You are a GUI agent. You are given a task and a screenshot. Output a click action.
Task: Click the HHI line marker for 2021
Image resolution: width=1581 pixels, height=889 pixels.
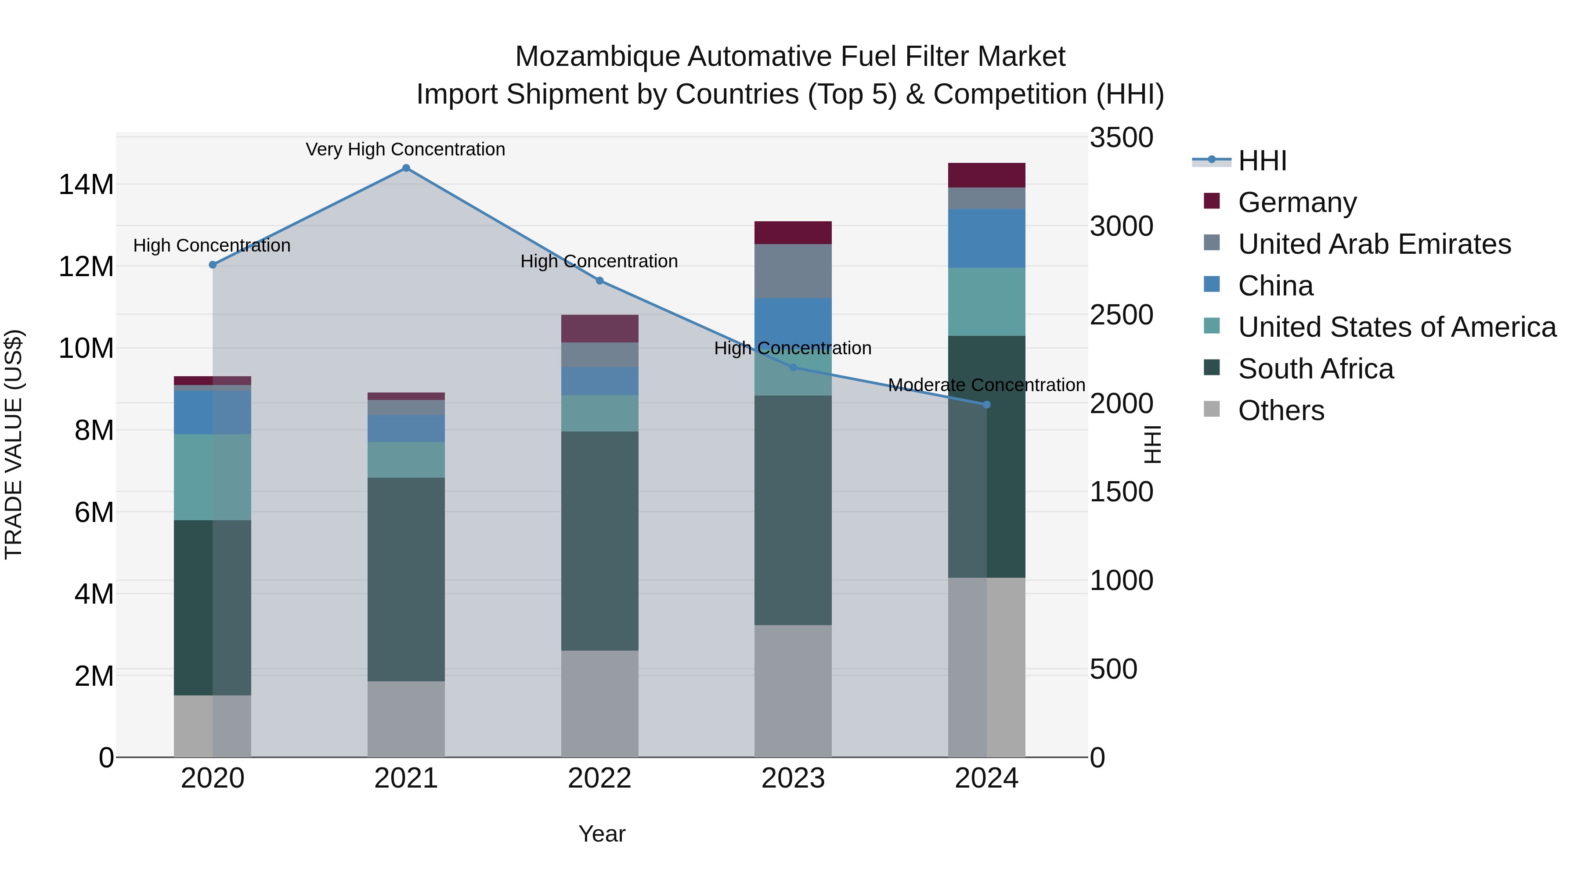coord(406,168)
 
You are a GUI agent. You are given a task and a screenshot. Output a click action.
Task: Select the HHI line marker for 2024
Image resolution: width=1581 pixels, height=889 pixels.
coord(986,405)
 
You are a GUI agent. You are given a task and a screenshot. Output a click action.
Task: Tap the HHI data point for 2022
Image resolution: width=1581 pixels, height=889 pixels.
coord(599,281)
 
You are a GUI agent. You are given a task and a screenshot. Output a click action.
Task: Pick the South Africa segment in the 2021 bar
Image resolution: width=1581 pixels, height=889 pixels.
coord(406,579)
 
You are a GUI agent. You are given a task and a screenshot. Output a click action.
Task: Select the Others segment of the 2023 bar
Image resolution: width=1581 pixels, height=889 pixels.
coord(792,691)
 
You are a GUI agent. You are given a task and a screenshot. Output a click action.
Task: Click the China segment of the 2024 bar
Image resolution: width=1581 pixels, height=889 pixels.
coord(986,238)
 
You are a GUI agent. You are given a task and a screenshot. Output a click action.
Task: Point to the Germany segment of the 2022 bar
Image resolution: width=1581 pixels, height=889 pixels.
coord(599,328)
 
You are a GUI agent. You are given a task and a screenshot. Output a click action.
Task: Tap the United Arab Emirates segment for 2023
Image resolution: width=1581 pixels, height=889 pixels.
coord(792,271)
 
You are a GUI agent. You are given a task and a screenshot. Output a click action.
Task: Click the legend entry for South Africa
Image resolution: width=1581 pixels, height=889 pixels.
coord(1315,369)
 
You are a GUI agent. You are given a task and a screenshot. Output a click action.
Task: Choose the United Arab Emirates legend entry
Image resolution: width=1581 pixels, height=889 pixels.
coord(1374,244)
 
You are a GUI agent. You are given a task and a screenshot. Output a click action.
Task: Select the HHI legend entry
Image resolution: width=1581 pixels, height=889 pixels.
coord(1262,161)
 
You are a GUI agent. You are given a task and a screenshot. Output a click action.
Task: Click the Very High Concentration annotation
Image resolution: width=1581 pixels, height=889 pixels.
coord(406,149)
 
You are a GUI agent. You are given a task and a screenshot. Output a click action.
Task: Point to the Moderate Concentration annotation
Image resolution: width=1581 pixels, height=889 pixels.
coord(986,385)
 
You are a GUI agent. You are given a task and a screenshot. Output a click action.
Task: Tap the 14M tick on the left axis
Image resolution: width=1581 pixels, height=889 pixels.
coord(86,184)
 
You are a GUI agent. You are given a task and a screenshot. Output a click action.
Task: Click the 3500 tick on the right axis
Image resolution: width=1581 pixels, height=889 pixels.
coord(1121,137)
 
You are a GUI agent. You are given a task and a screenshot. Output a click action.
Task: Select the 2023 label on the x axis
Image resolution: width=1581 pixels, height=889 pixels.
coord(792,778)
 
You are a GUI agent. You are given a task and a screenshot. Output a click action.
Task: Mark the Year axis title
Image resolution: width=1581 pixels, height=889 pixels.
coord(602,834)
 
